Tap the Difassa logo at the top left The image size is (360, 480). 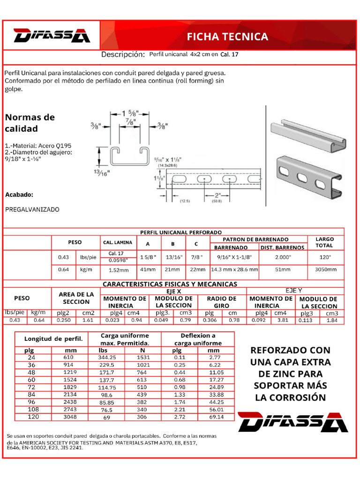pyautogui.click(x=51, y=36)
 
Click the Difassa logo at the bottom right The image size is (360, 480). pyautogui.click(x=292, y=422)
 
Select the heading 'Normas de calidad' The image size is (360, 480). pyautogui.click(x=30, y=122)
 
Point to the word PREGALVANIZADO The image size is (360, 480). pyautogui.click(x=32, y=210)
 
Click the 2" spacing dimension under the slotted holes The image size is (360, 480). pyautogui.click(x=217, y=195)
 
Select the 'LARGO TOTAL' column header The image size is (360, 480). pyautogui.click(x=324, y=242)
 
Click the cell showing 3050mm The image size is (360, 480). pyautogui.click(x=324, y=270)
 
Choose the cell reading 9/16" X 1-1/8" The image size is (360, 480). pyautogui.click(x=235, y=257)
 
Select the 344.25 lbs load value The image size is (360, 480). pyautogui.click(x=107, y=357)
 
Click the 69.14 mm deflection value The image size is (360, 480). pyautogui.click(x=213, y=417)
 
